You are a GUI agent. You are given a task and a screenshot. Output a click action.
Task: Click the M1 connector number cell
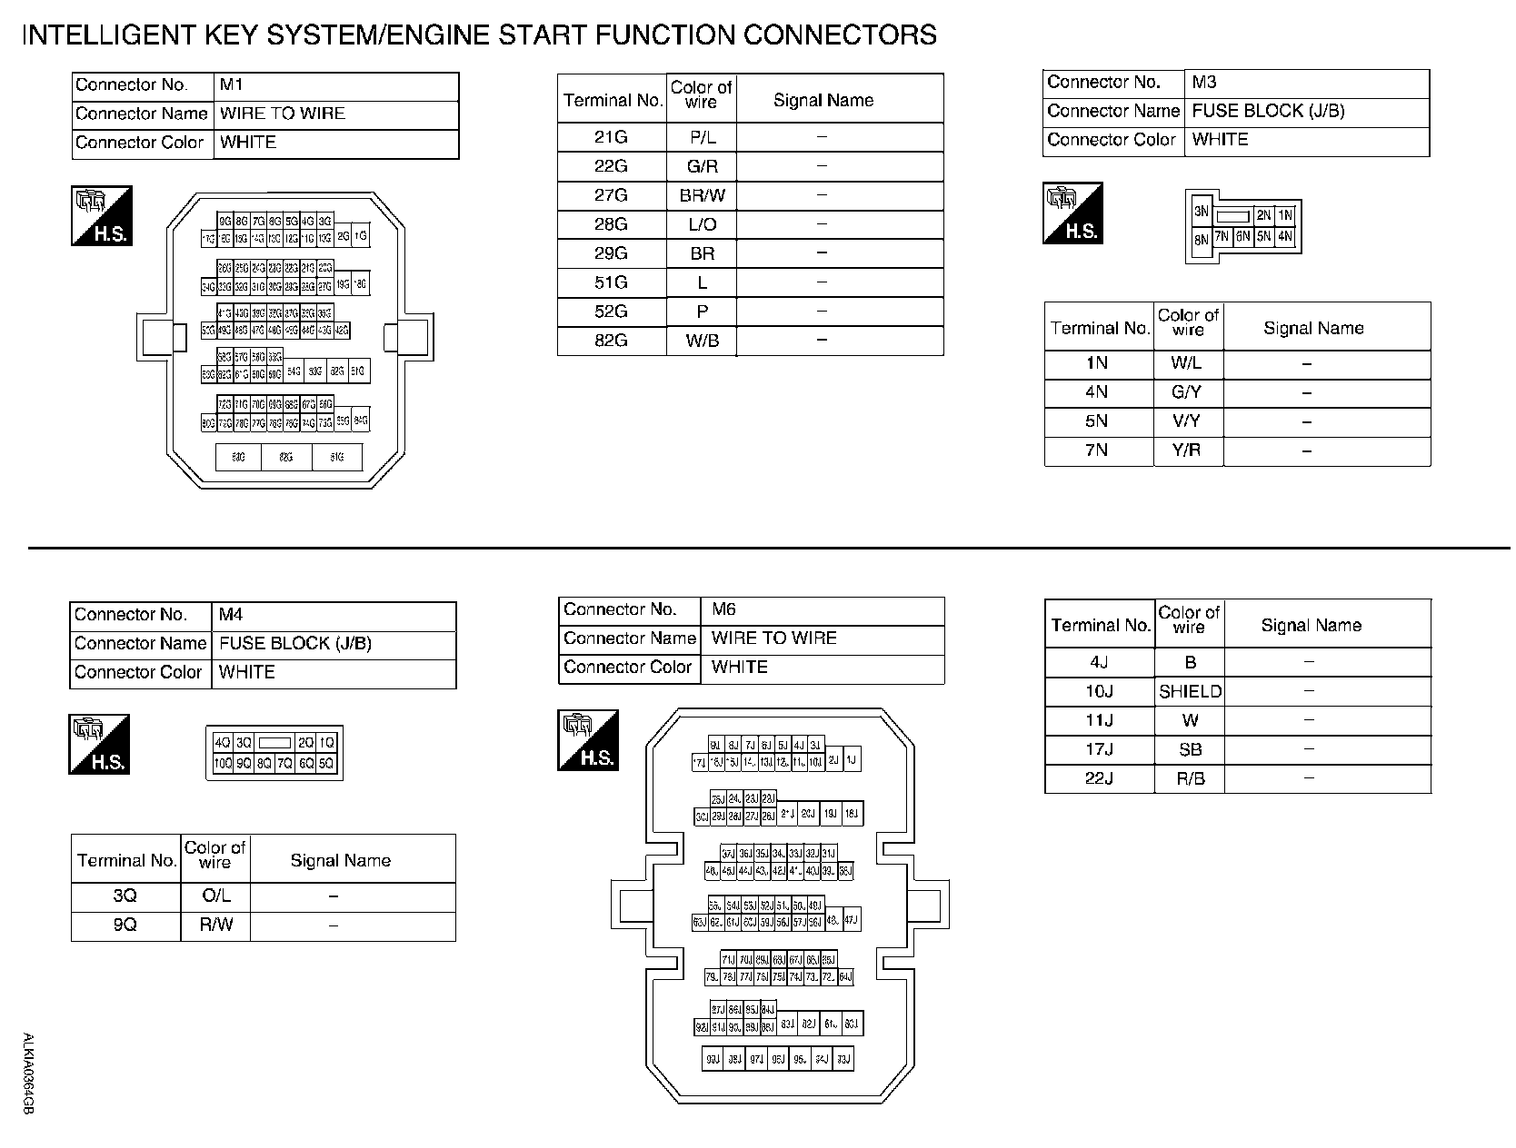coord(335,86)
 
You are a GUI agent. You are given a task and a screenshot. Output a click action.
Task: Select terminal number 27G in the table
coord(611,195)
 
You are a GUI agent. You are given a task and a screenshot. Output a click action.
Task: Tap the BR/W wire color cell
coord(702,195)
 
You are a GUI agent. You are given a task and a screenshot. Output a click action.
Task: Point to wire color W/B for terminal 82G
coord(702,341)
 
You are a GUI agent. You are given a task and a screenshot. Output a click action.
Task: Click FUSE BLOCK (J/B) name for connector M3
coord(1268,111)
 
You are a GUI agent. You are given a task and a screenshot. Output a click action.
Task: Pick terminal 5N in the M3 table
coord(1097,421)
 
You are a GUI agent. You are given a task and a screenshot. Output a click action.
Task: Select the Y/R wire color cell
coord(1187,450)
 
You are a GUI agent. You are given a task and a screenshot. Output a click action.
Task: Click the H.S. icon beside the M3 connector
coord(1072,213)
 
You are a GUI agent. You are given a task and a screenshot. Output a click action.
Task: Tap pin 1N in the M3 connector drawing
coord(1284,215)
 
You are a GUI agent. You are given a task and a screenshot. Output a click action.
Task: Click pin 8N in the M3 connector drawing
coord(1201,240)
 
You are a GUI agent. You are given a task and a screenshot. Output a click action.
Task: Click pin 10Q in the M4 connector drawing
coord(223,764)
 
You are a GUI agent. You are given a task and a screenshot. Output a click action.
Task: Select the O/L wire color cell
coord(215,896)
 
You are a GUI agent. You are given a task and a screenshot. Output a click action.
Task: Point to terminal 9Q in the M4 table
coord(125,925)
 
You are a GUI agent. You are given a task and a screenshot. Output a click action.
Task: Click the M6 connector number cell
coord(823,610)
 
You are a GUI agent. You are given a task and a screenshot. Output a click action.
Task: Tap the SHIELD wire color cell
coord(1190,692)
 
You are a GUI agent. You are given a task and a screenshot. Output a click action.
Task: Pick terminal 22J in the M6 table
coord(1099,779)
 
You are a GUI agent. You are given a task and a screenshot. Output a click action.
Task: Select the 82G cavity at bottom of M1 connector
coord(286,458)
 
